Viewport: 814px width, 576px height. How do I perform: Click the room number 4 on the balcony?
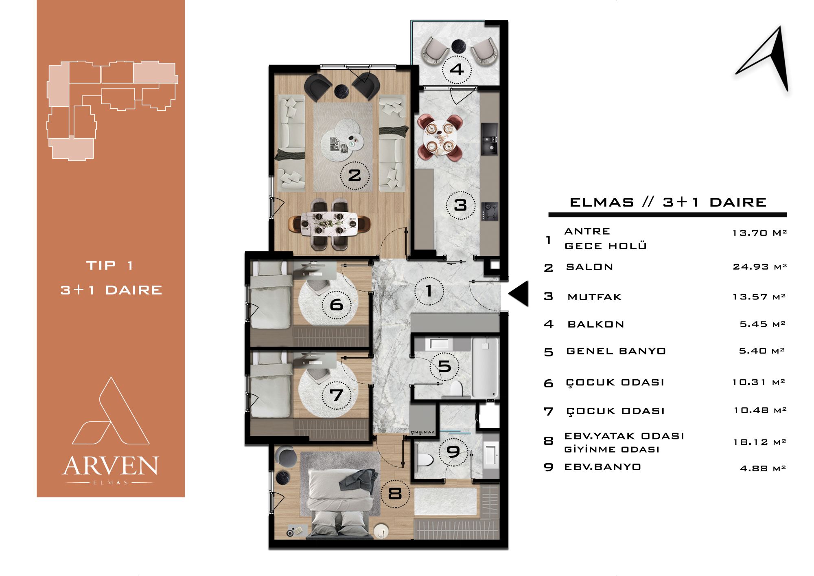(x=457, y=69)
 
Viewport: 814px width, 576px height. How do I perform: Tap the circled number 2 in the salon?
(x=354, y=175)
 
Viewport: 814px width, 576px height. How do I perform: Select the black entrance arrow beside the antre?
(x=518, y=293)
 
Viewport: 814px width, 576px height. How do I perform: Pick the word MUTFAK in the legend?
(x=595, y=297)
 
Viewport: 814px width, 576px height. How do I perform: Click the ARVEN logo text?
(x=110, y=466)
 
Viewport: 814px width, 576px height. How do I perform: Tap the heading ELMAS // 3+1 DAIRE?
(x=668, y=202)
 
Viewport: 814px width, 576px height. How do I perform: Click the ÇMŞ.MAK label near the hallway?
(x=423, y=432)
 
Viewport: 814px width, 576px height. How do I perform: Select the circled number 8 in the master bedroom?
(x=395, y=494)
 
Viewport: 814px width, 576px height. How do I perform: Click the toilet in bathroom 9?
(x=425, y=459)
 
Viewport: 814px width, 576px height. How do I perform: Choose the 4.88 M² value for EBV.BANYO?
(x=763, y=468)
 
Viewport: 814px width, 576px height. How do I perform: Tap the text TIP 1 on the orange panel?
(x=110, y=266)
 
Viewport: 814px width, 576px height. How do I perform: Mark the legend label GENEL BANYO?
(x=616, y=351)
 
